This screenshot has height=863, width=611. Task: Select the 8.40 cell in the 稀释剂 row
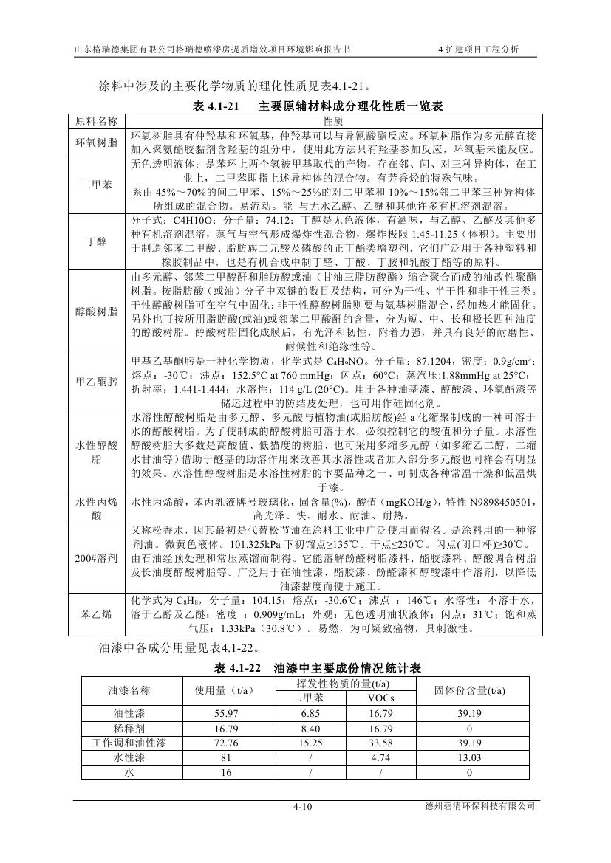click(308, 728)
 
